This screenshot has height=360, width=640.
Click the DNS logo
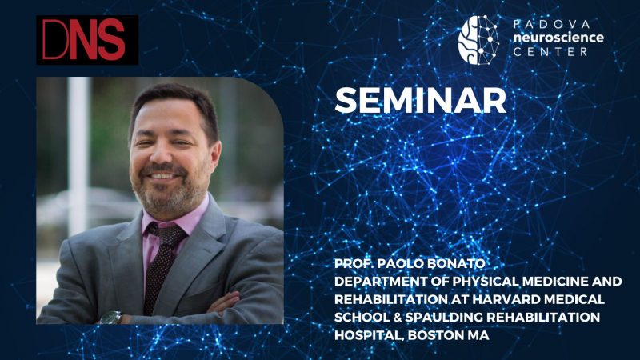(x=87, y=40)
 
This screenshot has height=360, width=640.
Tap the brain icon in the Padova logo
(x=478, y=40)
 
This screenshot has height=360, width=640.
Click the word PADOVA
(x=552, y=25)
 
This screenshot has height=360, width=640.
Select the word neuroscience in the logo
(x=558, y=38)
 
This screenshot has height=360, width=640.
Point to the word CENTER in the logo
(x=550, y=52)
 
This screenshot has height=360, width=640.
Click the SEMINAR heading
(x=421, y=101)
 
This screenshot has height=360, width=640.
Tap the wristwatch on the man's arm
(x=111, y=317)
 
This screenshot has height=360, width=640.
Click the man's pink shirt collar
(x=171, y=221)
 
